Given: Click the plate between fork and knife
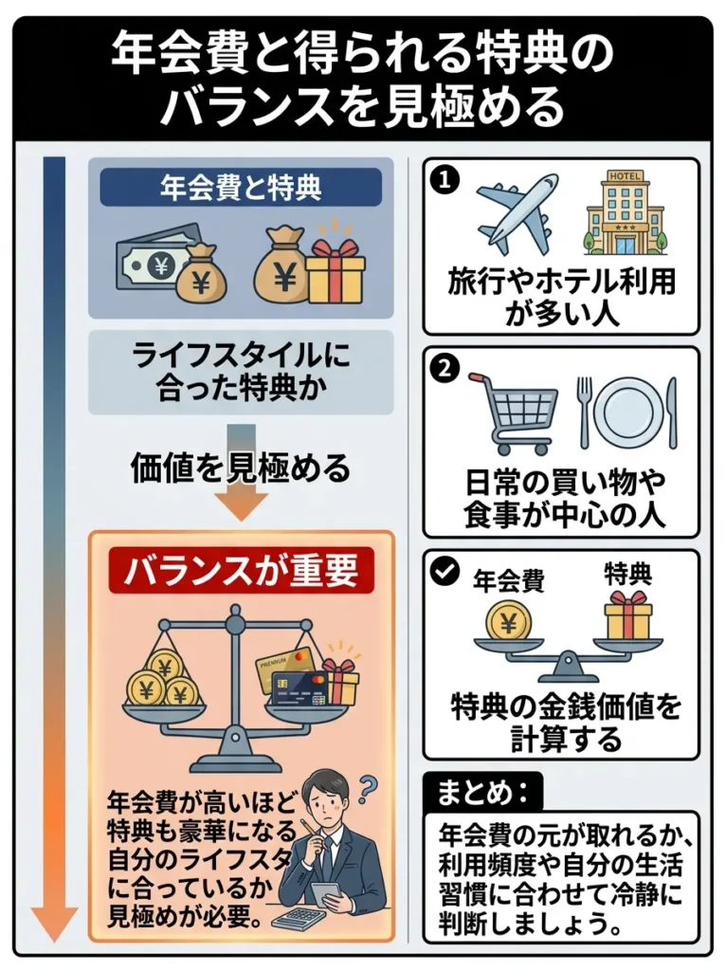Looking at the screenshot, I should tap(625, 412).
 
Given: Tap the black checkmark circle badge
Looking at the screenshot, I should tap(443, 573).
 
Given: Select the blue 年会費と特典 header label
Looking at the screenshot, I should tap(241, 187).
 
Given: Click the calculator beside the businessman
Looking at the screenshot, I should tap(302, 917).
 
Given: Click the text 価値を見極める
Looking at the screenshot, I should tap(241, 467).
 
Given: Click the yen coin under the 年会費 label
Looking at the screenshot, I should tap(508, 622).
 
